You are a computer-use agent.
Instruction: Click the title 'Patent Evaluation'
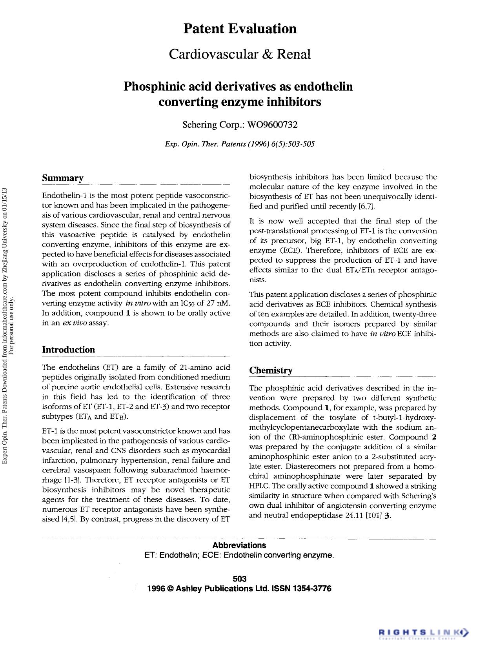240,29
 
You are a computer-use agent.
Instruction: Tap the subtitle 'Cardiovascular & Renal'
240,54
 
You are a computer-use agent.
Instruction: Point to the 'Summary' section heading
63,178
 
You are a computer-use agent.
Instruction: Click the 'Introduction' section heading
68,350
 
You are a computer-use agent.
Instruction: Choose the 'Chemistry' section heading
271,370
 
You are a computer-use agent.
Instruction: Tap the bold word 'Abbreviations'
239,545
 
